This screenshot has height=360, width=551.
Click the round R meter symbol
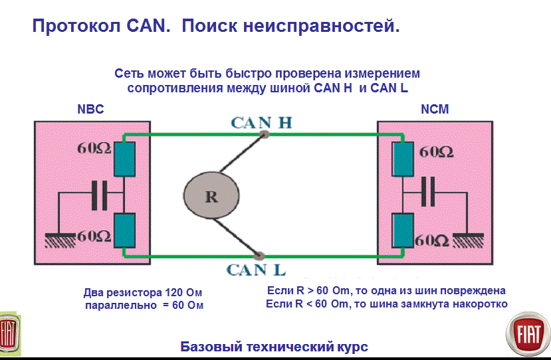(x=211, y=195)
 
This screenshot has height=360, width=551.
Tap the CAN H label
(x=261, y=123)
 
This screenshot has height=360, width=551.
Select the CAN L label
(x=256, y=270)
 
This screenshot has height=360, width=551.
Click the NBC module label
(x=91, y=110)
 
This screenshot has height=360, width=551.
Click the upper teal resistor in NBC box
(x=124, y=159)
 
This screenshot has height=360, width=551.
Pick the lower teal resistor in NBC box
(x=124, y=230)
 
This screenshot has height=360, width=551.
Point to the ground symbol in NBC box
(x=60, y=240)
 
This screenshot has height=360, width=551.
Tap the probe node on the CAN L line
(x=259, y=255)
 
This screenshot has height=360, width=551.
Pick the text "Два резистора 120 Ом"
(x=142, y=293)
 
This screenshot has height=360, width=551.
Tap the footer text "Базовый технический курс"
(x=274, y=347)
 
